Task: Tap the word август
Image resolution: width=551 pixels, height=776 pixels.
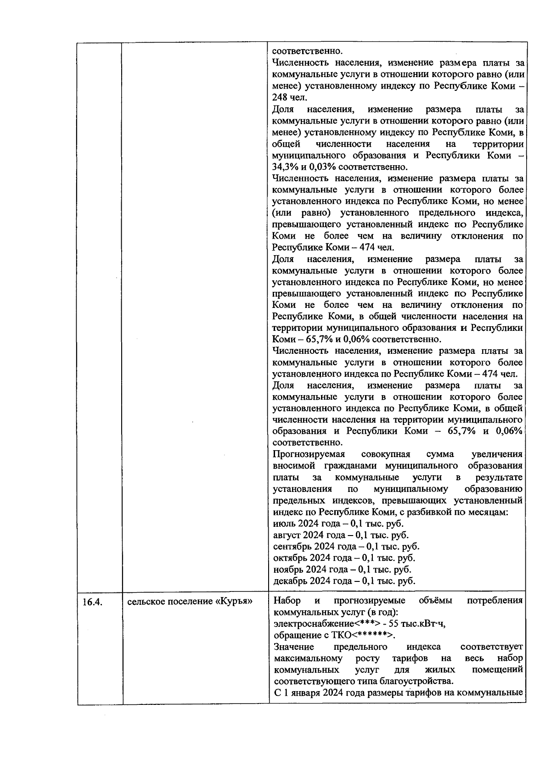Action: (287, 535)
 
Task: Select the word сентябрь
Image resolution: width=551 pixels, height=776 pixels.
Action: (290, 547)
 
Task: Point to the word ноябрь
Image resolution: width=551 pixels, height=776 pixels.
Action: (288, 569)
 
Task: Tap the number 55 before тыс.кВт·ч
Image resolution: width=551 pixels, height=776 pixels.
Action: (393, 624)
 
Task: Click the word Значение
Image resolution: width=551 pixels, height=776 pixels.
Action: (294, 647)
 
